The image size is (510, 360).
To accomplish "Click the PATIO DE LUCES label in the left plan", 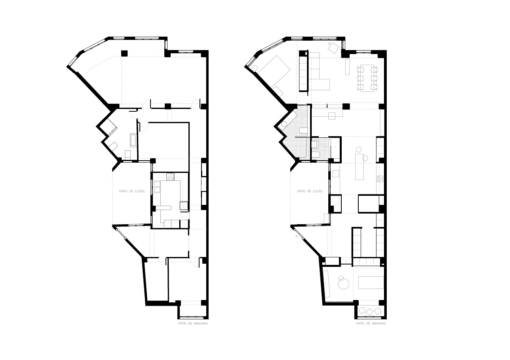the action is (132, 191).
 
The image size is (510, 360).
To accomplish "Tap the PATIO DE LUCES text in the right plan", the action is (310, 191).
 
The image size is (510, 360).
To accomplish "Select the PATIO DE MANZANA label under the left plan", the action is (193, 323).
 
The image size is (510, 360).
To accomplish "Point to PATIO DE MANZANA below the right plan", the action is (371, 323).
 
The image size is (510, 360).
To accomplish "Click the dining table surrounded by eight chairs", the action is (367, 79).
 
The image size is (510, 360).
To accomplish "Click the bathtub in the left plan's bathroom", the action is (133, 140).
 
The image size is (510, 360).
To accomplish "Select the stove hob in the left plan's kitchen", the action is (170, 176).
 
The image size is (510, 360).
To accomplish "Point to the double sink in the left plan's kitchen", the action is (157, 187).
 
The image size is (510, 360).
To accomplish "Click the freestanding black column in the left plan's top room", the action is (124, 53).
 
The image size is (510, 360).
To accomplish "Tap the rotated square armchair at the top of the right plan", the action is (333, 48).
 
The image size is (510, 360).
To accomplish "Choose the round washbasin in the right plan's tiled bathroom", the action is (284, 124).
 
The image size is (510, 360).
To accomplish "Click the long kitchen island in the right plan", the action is (359, 167).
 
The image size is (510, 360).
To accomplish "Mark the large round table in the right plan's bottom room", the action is (344, 284).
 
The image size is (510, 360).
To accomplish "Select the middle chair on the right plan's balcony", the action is (369, 311).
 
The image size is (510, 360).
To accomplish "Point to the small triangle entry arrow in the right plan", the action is (297, 236).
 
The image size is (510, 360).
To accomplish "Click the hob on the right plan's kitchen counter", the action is (380, 179).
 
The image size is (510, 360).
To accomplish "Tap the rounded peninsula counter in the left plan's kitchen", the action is (166, 207).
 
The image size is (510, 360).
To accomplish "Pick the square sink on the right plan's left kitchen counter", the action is (335, 174).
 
